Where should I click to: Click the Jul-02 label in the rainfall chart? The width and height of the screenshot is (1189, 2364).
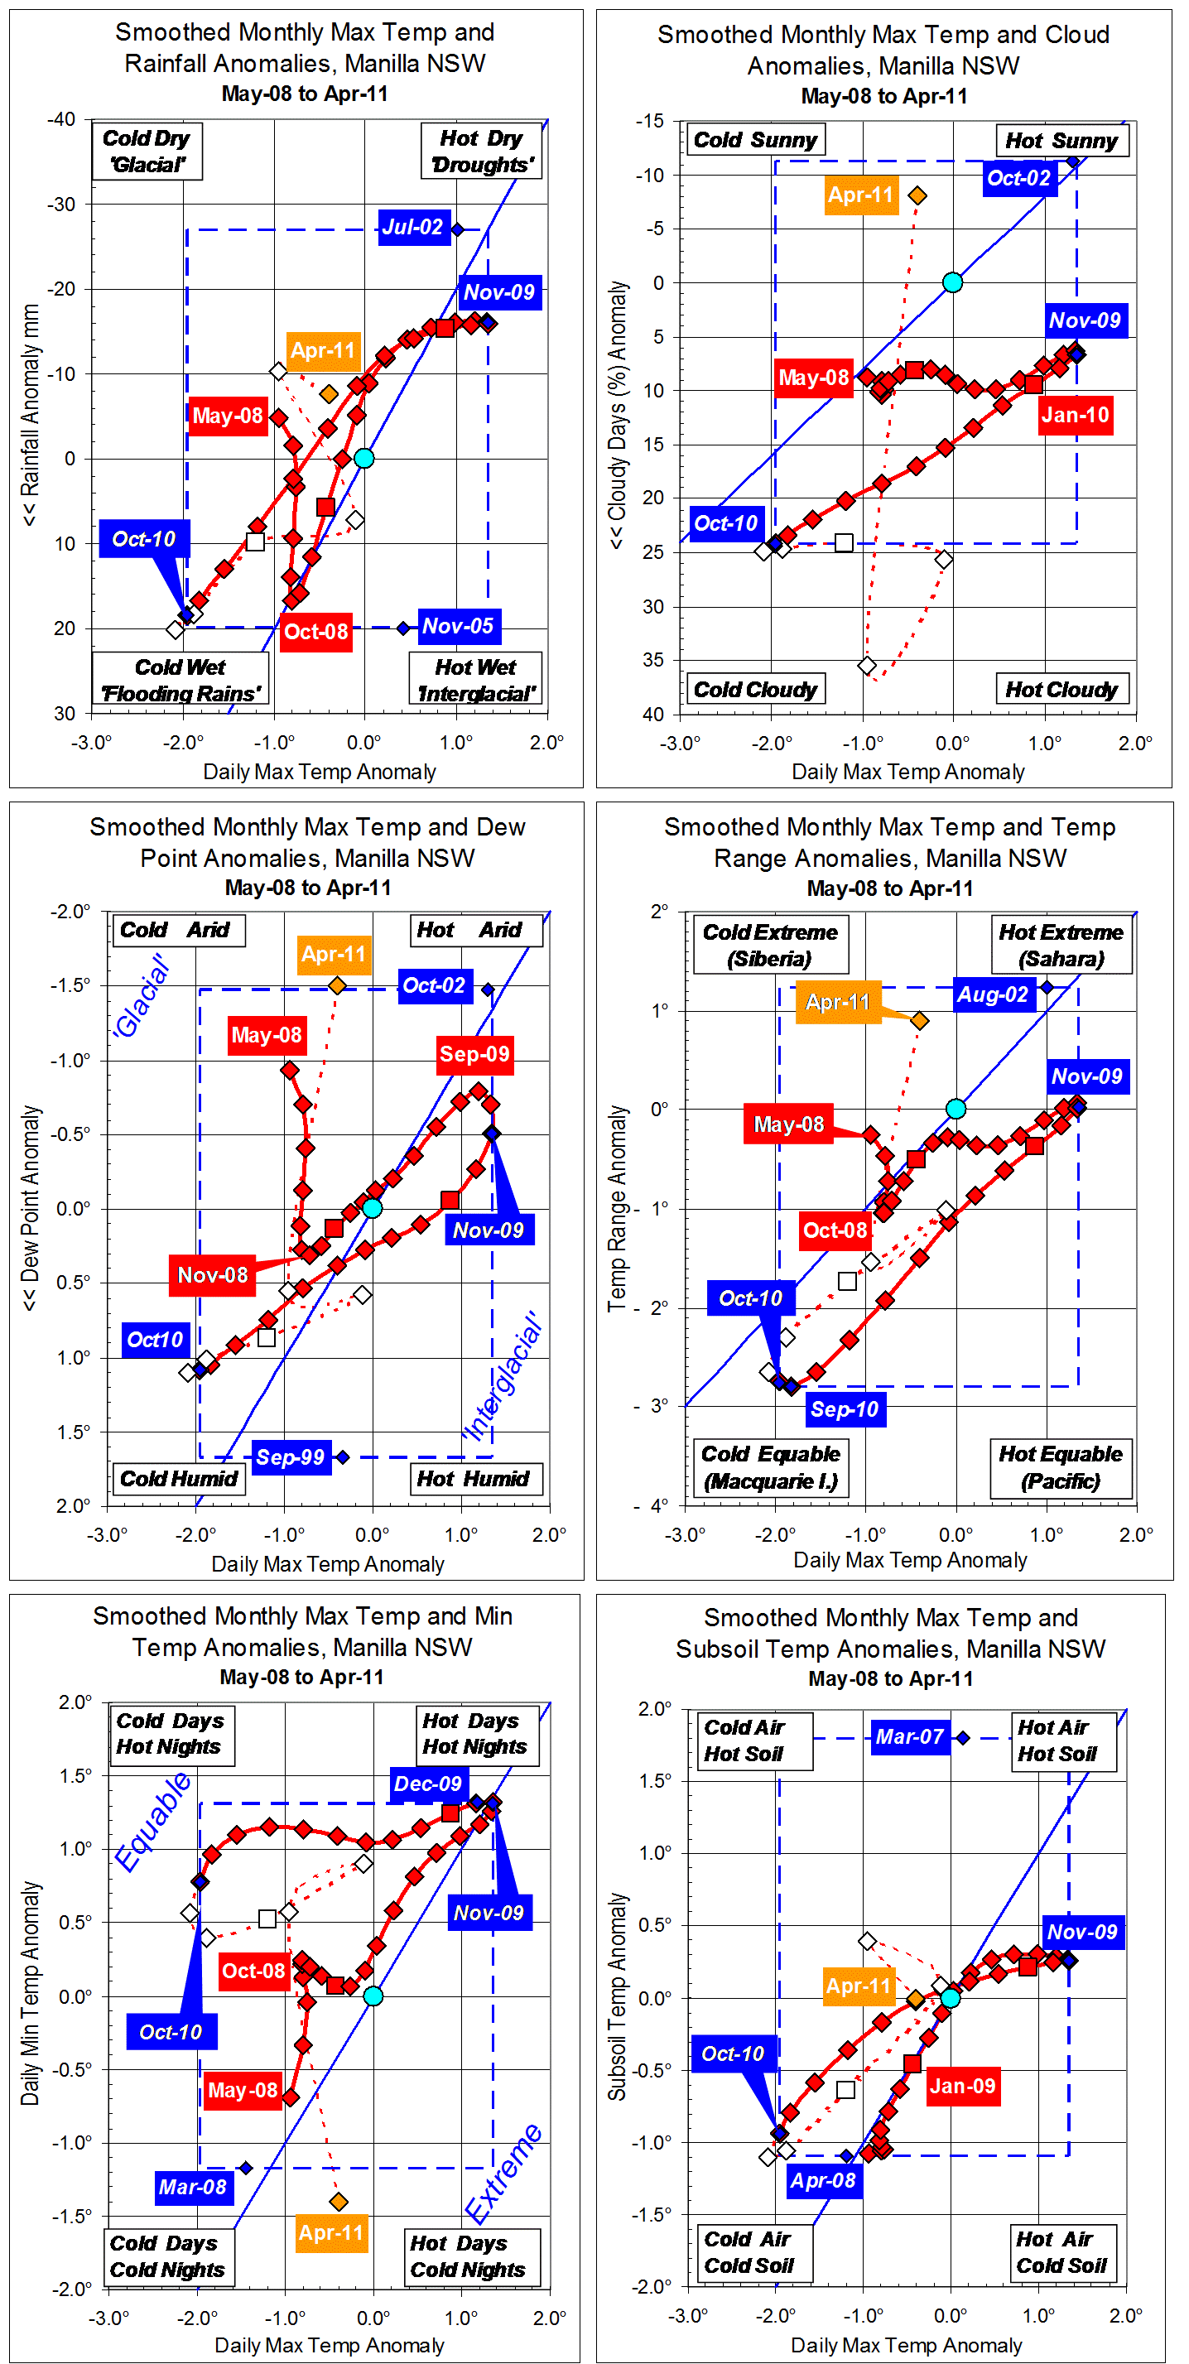(x=413, y=227)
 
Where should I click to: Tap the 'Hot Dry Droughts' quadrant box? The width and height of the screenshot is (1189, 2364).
(x=481, y=152)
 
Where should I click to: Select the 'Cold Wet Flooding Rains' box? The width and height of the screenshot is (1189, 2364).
(x=180, y=680)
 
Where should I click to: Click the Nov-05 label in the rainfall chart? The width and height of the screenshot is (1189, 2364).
(x=459, y=627)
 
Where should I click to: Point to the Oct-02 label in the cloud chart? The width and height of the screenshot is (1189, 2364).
(x=1018, y=178)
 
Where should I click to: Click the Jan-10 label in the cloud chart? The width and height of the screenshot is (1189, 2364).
(x=1076, y=416)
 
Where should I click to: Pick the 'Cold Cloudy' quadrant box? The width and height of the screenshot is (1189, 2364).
(x=755, y=689)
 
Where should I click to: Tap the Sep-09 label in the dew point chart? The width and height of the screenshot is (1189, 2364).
(x=474, y=1053)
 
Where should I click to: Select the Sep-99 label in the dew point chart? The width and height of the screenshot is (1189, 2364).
(x=290, y=1457)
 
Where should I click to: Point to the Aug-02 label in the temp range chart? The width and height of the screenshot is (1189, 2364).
(x=994, y=994)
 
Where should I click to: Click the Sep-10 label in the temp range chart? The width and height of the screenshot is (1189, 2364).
(x=845, y=1408)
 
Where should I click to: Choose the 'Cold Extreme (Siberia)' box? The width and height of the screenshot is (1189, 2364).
(x=770, y=946)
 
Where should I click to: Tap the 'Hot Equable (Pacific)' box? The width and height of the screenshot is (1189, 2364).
(x=1061, y=1467)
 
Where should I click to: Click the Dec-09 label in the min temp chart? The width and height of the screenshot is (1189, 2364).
(x=427, y=1784)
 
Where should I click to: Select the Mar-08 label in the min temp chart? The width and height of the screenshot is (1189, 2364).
(x=193, y=2187)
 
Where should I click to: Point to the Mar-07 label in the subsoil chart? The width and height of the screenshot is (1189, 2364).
(x=909, y=1736)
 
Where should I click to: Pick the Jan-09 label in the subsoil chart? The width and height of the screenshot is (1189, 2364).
(x=962, y=2086)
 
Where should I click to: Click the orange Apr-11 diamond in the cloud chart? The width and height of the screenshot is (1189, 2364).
(x=917, y=195)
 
